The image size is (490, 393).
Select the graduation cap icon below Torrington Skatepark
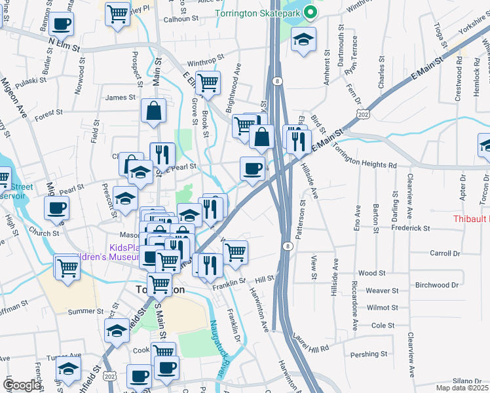click(x=303, y=40)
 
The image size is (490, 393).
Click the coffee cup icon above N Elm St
click(x=61, y=24)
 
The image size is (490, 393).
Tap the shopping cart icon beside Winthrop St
click(x=208, y=83)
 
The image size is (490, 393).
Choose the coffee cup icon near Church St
click(x=56, y=208)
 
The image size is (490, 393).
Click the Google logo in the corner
click(x=22, y=385)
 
